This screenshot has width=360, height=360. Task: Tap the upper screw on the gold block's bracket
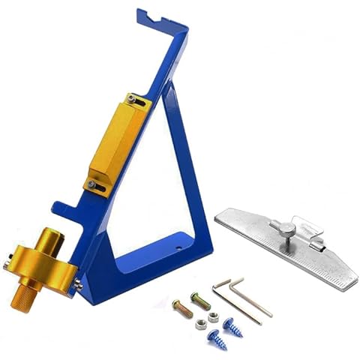coord(132,98)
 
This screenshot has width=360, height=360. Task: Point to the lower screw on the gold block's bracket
coord(91,183)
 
